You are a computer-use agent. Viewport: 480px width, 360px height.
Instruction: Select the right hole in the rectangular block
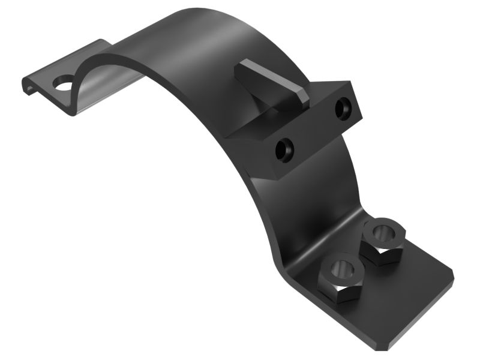342,109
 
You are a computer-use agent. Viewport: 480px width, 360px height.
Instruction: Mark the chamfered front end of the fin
301,95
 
